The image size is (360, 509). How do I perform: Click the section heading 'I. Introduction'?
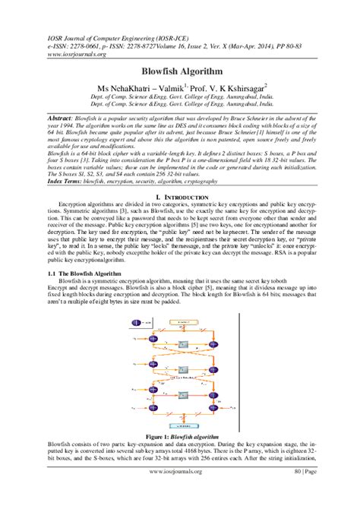coord(179,198)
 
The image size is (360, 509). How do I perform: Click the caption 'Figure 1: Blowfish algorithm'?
coord(179,438)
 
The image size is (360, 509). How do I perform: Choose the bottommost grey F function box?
coord(183,396)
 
